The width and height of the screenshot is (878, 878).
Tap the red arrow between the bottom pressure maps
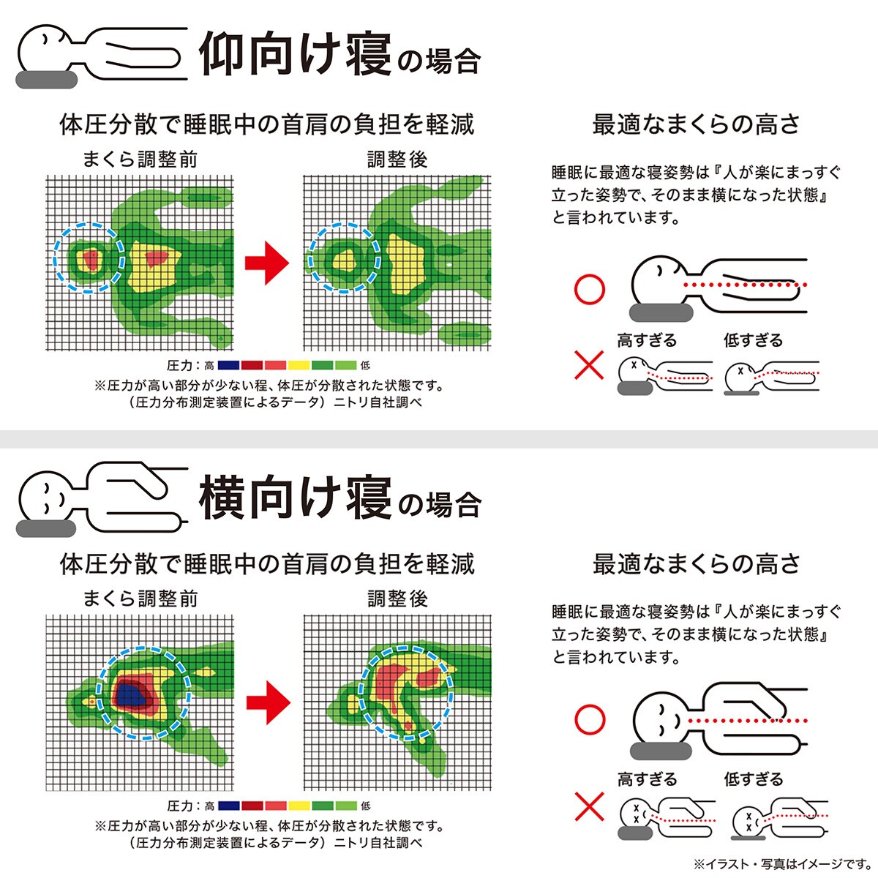coord(268,700)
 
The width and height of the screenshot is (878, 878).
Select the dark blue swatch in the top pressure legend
coord(228,365)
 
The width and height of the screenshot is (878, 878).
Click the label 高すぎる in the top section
coord(647,340)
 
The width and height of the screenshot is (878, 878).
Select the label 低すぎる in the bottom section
coord(753,779)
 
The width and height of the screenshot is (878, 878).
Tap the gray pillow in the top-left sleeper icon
coord(44,78)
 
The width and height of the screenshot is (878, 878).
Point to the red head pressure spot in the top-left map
coord(91,258)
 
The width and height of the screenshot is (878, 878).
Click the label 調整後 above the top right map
coord(397,160)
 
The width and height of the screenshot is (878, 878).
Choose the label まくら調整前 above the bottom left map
coord(140,599)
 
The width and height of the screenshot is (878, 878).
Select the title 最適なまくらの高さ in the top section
coord(696,124)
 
